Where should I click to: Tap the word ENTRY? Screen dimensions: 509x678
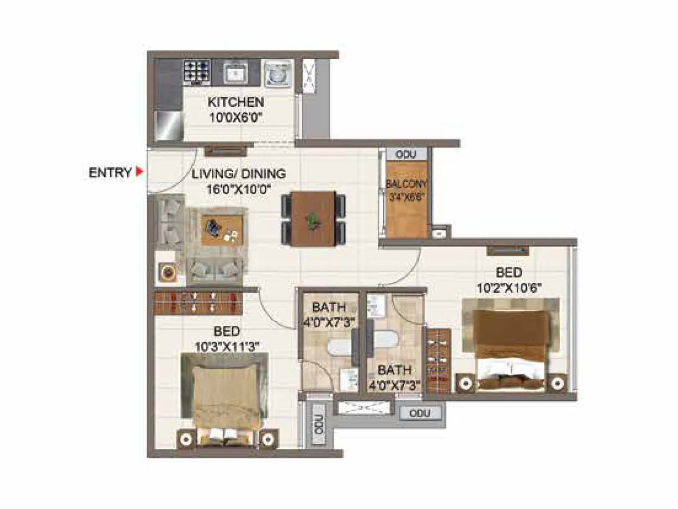[110, 173]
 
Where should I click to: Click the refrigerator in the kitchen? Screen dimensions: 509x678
[169, 126]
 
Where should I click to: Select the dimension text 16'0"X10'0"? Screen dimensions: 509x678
[239, 189]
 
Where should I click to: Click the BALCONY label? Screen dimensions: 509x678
[406, 185]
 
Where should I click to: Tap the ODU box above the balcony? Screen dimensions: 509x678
[406, 154]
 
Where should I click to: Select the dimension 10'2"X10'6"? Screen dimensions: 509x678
[509, 288]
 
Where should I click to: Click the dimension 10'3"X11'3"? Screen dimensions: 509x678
[227, 347]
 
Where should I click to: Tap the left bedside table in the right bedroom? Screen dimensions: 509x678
[466, 383]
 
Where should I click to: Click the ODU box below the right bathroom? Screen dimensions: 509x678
[420, 413]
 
